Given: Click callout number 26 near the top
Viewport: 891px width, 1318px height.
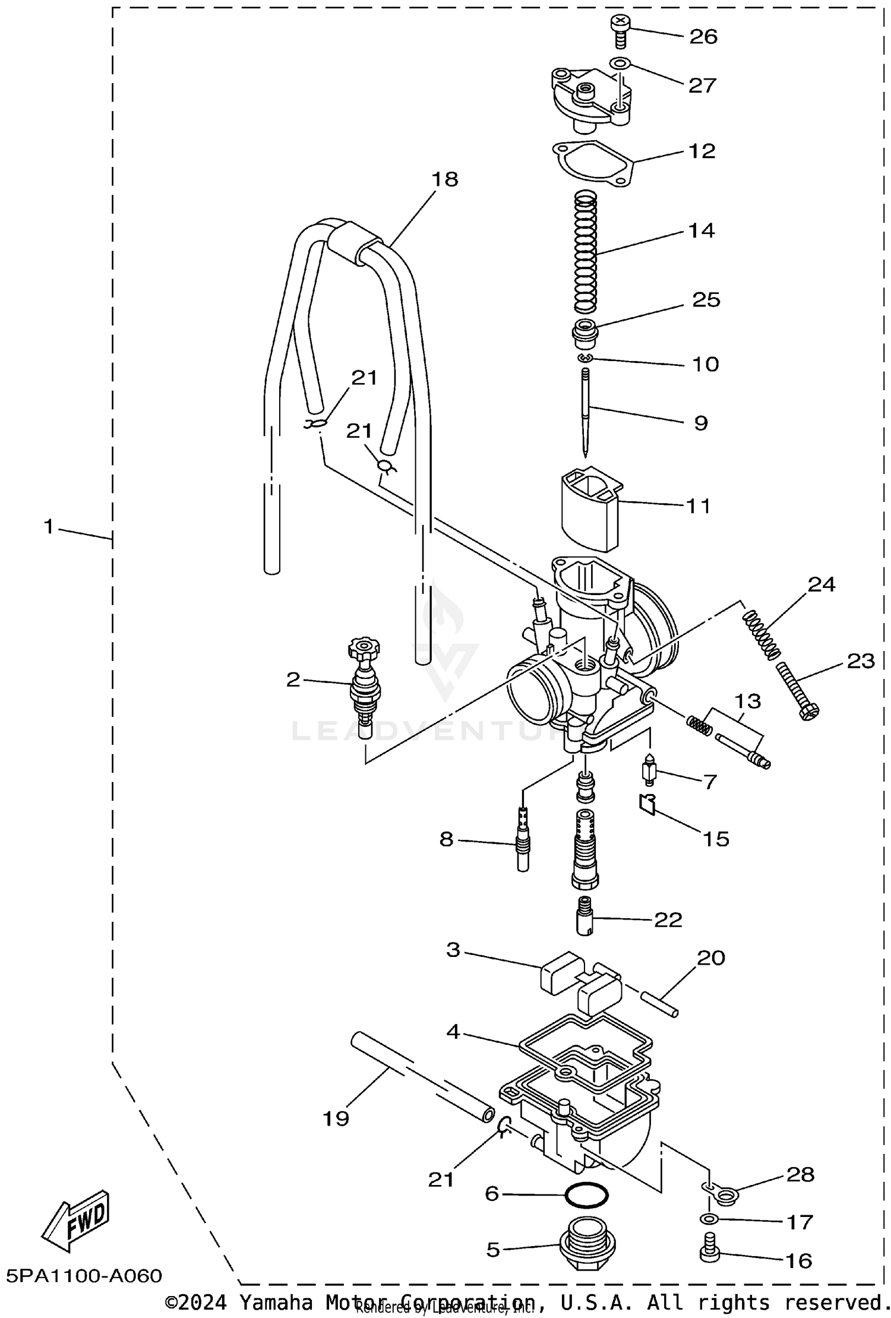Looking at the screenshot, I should click(x=703, y=37).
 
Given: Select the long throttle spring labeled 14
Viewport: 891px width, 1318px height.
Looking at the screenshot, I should click(x=585, y=252).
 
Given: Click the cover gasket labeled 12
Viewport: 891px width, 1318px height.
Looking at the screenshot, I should click(x=592, y=165).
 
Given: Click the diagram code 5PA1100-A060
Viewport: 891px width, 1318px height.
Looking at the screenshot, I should click(x=84, y=1275).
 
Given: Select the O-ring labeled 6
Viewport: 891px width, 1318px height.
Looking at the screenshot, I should click(x=586, y=1194).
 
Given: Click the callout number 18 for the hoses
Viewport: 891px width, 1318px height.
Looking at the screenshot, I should click(x=445, y=179).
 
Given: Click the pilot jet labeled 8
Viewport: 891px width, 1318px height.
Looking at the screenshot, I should click(x=523, y=842).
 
